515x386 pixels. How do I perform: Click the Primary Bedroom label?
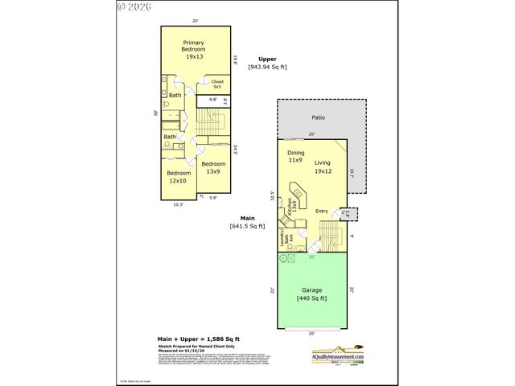194,51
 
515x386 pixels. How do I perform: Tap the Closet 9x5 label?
218,84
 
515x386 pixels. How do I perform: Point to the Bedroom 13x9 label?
213,167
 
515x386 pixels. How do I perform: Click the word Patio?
318,117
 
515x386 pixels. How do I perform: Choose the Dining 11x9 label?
295,156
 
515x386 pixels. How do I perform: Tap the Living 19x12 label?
323,166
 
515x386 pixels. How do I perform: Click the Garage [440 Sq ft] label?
311,294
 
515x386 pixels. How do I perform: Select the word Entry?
322,211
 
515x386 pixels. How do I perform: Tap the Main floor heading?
247,218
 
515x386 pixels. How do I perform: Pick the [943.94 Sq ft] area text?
268,68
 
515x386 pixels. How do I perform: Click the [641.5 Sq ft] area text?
247,227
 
